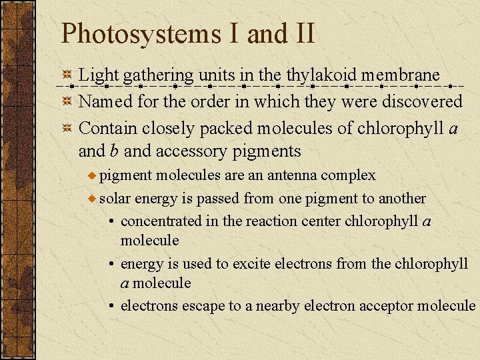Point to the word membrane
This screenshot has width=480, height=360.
point(401,75)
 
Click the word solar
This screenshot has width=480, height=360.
point(115,199)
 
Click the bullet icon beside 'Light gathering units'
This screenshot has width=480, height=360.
point(67,76)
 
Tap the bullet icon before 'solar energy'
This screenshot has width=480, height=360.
point(93,199)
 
